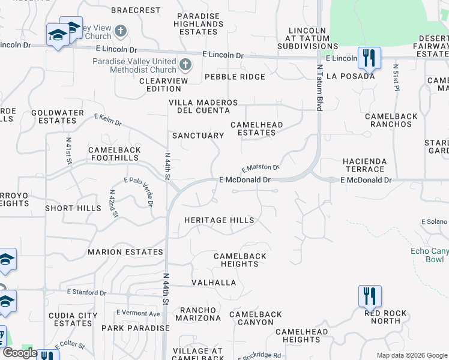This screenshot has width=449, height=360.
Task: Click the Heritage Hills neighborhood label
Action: click(x=218, y=220)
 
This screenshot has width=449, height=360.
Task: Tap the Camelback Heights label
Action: click(x=240, y=260)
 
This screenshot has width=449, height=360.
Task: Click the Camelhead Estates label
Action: click(x=256, y=128)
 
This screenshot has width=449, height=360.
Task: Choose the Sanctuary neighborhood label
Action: click(x=197, y=136)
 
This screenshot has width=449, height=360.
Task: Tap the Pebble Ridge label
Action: click(x=234, y=77)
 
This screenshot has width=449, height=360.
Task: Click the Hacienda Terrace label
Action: click(x=372, y=166)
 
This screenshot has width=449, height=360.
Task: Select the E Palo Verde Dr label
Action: click(x=139, y=191)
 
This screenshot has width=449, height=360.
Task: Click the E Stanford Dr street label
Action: click(x=86, y=293)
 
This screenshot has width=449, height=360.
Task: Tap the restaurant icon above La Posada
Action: click(x=369, y=58)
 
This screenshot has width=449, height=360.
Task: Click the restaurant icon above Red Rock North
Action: click(x=369, y=296)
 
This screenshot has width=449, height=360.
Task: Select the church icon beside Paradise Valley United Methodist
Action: click(x=185, y=63)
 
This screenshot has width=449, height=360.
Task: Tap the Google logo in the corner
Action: click(x=20, y=353)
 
